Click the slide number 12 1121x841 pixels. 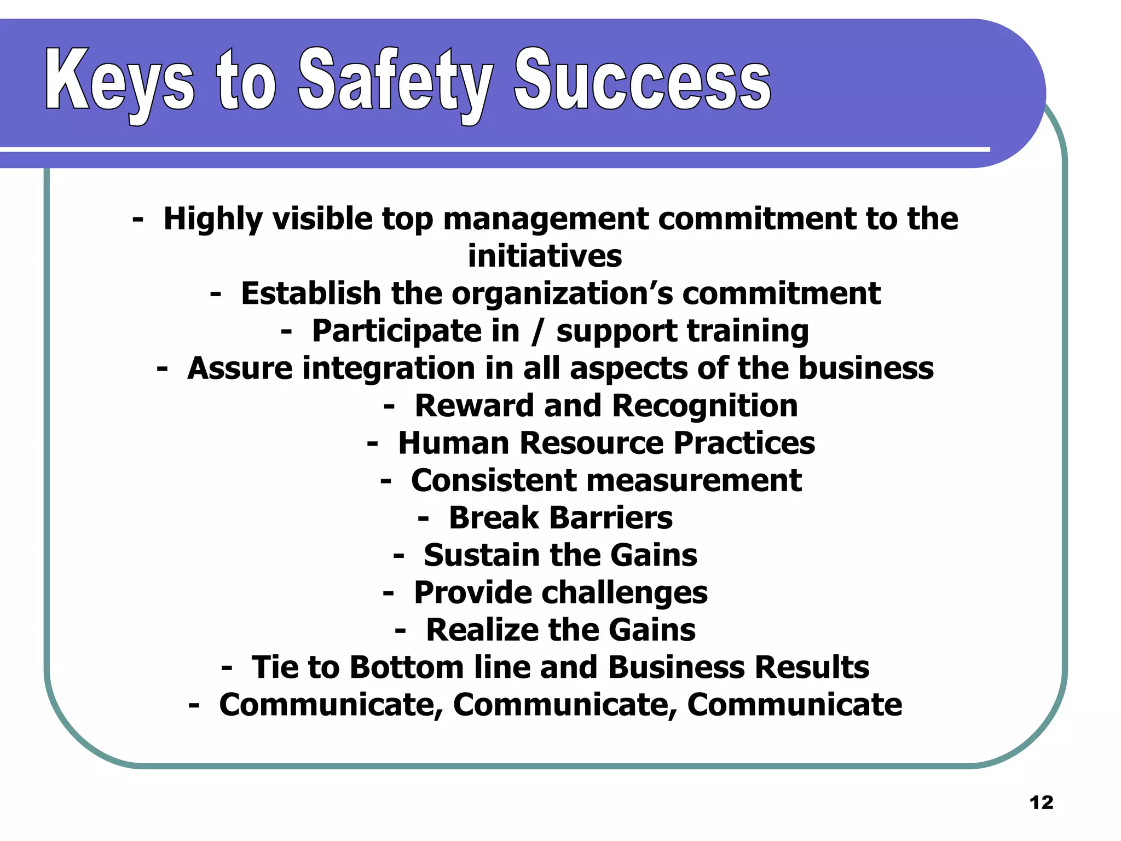coord(1041,803)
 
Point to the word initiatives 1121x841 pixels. coord(545,256)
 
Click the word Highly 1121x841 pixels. coord(213,220)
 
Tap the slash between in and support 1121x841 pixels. coord(538,331)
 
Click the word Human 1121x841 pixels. coord(454,443)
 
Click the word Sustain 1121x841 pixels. coord(481,555)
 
